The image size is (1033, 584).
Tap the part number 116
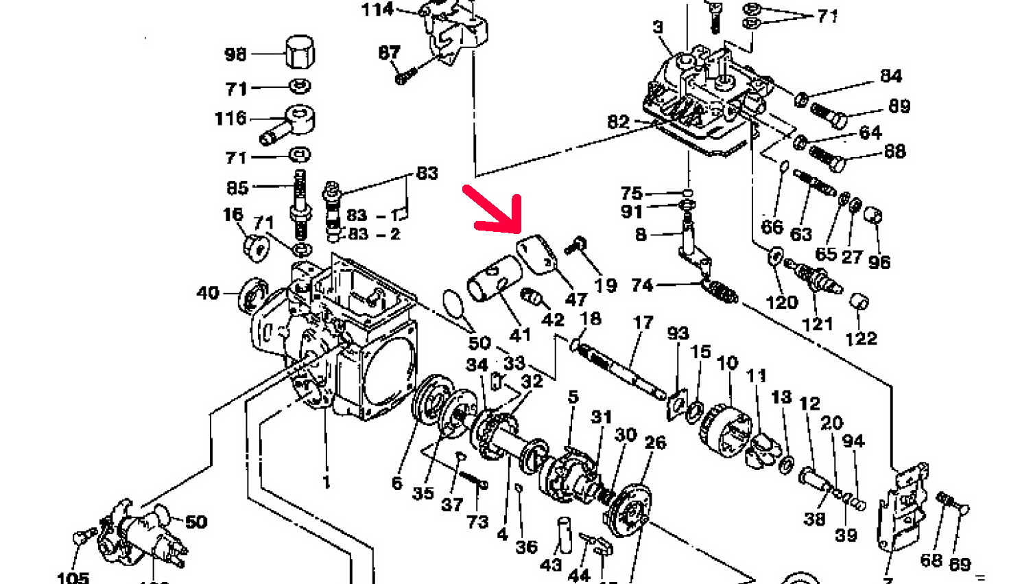point(230,119)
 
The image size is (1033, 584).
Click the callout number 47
point(576,299)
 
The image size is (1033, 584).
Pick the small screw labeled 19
point(577,246)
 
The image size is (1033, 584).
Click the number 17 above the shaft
point(643,323)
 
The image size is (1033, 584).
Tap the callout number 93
point(678,334)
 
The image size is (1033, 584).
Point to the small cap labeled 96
point(872,215)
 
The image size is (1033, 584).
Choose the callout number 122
point(861,338)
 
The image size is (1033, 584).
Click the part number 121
point(818,323)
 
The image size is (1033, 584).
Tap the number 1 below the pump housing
point(326,482)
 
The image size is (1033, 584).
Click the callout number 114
point(378,10)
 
